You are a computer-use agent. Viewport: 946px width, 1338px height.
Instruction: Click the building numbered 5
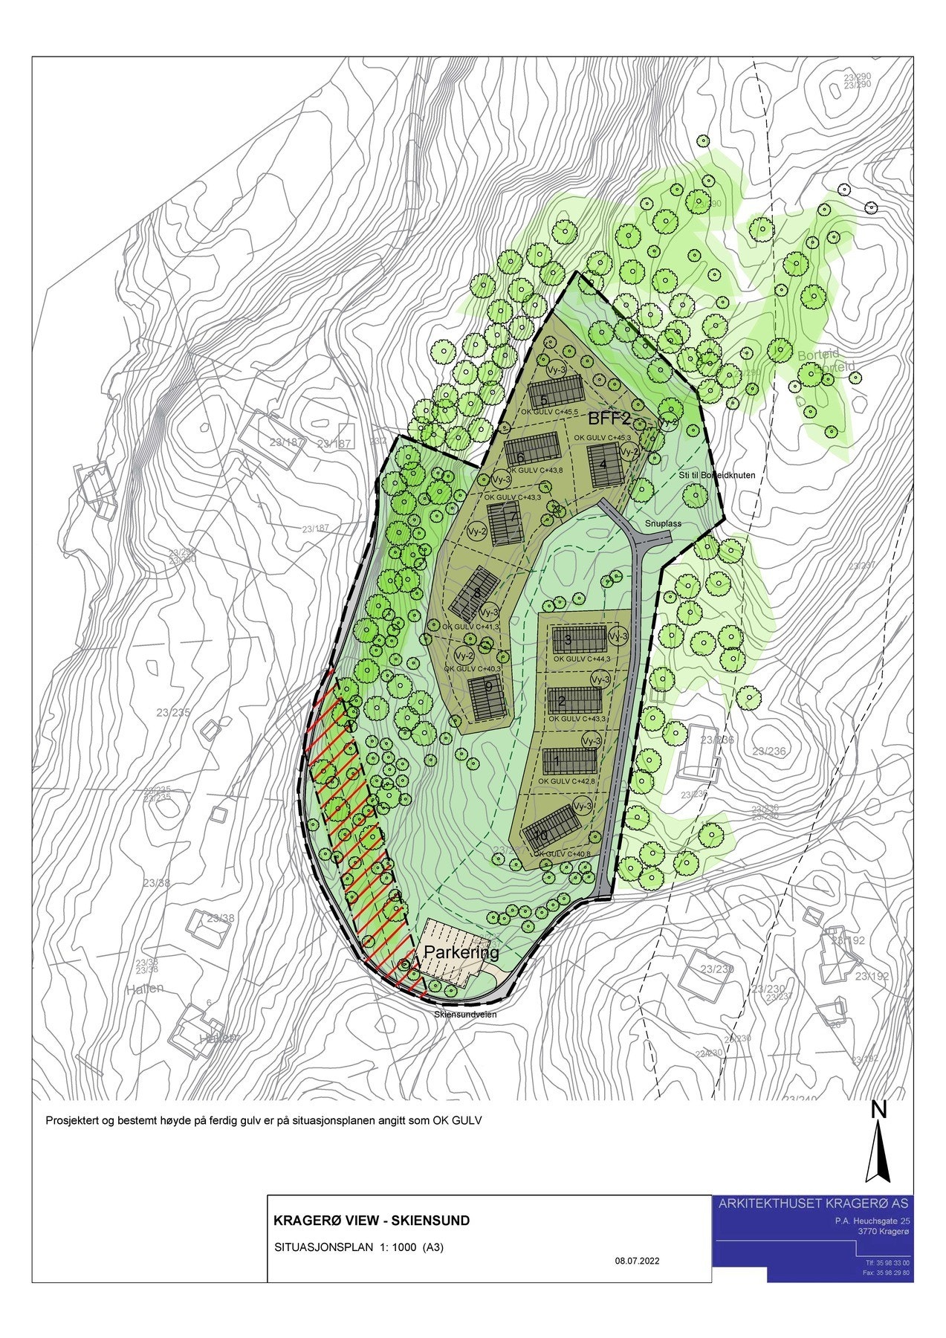click(x=555, y=390)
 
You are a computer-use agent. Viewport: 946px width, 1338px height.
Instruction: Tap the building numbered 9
click(x=489, y=699)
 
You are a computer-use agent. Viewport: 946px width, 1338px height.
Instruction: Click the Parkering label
click(x=461, y=953)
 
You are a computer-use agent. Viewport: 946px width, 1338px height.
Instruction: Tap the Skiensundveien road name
click(x=466, y=1014)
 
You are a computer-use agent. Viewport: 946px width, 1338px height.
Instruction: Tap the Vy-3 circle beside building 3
click(x=618, y=637)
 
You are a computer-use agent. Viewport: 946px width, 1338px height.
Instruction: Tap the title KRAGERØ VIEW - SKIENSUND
click(x=372, y=1221)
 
